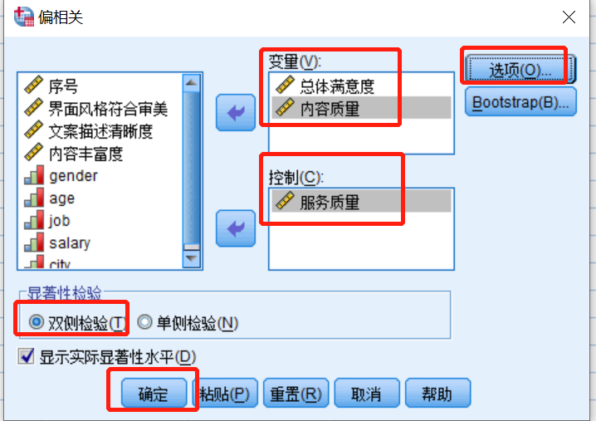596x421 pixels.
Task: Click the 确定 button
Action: pyautogui.click(x=152, y=394)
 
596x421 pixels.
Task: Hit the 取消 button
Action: pyautogui.click(x=366, y=394)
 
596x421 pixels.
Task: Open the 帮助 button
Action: pyautogui.click(x=437, y=394)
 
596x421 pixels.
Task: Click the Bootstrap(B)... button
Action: pyautogui.click(x=520, y=103)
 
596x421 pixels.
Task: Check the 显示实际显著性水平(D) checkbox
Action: pyautogui.click(x=27, y=357)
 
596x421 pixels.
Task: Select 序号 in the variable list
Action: pyautogui.click(x=64, y=86)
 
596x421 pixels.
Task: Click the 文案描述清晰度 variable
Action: pyautogui.click(x=100, y=130)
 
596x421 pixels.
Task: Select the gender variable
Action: pyautogui.click(x=73, y=176)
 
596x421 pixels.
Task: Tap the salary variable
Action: pyautogui.click(x=70, y=243)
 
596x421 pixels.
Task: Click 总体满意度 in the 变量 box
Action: pyautogui.click(x=337, y=86)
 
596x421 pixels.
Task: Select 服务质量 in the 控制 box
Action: pyautogui.click(x=330, y=201)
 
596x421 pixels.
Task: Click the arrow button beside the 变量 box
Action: pyautogui.click(x=236, y=112)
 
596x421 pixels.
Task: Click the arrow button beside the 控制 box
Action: pyautogui.click(x=236, y=228)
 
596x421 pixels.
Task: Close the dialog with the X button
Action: pyautogui.click(x=569, y=17)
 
